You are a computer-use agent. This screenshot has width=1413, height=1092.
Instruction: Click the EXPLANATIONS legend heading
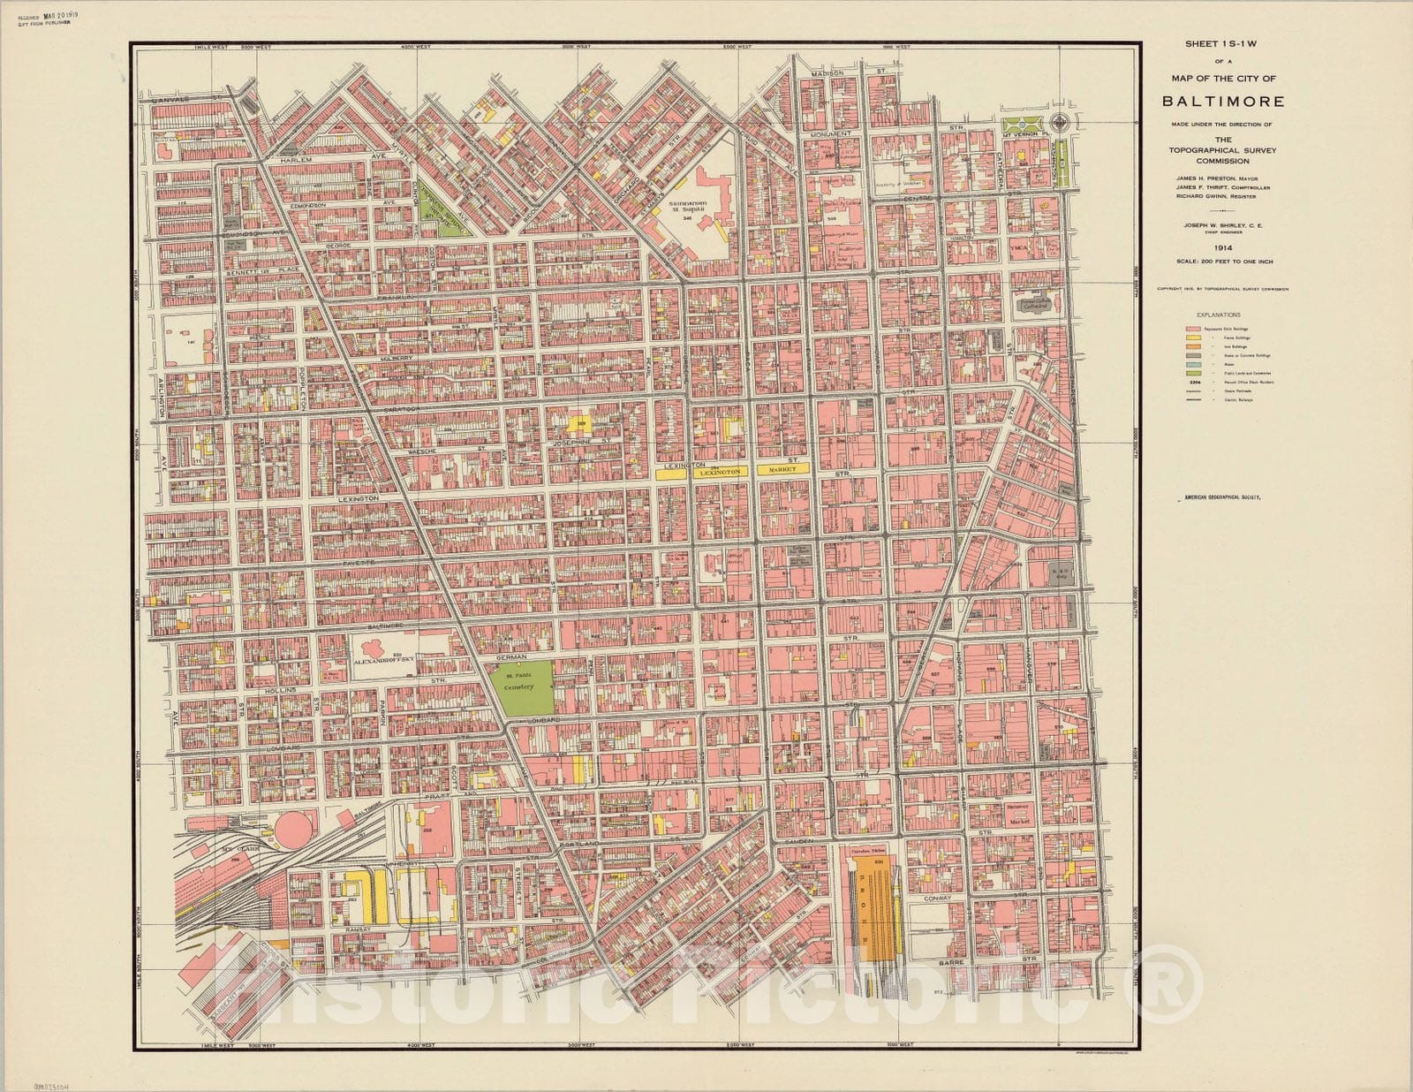(1218, 315)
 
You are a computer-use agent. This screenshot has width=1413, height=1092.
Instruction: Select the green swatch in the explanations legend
(1192, 372)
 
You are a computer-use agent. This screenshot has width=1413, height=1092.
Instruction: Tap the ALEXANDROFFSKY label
(384, 659)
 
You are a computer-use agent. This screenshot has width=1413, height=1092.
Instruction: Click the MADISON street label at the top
(829, 72)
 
